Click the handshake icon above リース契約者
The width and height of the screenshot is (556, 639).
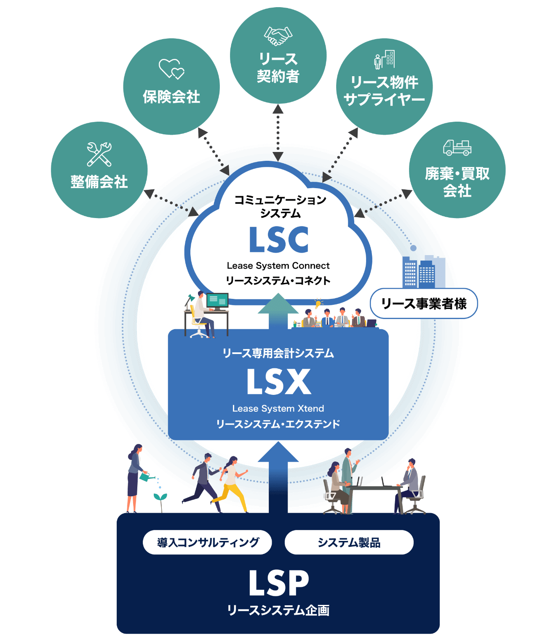coord(278,36)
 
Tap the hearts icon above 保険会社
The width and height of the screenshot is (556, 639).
coord(171,69)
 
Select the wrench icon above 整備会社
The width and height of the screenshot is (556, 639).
coord(99,154)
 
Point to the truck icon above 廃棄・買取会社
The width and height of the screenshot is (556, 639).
coord(457,147)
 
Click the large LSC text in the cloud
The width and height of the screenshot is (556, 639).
coord(278,240)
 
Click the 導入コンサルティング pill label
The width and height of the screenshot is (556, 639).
coord(208,542)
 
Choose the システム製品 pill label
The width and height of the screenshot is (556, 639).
coord(349,542)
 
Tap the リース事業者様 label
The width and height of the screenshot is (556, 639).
coord(424,304)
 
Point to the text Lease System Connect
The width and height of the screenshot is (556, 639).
coord(278,266)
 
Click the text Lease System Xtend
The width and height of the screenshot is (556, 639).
coord(278,408)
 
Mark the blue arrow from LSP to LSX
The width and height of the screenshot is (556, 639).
coord(278,476)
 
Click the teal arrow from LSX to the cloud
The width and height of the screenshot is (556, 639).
coord(278,312)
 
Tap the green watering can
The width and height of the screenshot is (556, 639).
coord(145,477)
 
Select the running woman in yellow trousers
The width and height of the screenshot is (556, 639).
coord(230,484)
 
